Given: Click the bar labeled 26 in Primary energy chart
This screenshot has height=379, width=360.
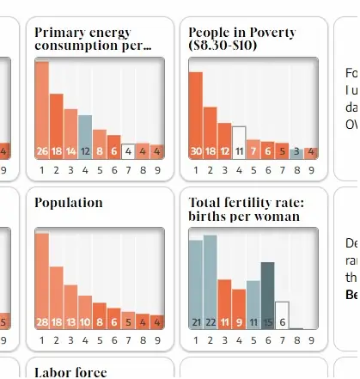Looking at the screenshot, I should (x=42, y=112).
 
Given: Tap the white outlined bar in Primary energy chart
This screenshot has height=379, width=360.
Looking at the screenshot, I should (x=128, y=151).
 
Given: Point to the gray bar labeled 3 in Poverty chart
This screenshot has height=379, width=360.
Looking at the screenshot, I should (x=296, y=153).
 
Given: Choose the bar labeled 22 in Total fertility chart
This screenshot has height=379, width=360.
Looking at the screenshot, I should (x=211, y=284).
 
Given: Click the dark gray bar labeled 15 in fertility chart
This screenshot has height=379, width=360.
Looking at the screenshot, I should (x=268, y=296).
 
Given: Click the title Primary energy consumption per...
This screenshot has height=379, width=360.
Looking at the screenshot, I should (x=93, y=39).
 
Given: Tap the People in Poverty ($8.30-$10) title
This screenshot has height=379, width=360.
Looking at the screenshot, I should (x=242, y=39).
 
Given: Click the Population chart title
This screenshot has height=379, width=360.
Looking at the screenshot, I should (x=69, y=203).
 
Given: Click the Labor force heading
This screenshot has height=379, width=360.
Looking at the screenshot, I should (x=70, y=372).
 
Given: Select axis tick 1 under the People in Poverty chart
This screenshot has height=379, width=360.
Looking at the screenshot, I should (x=196, y=170).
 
